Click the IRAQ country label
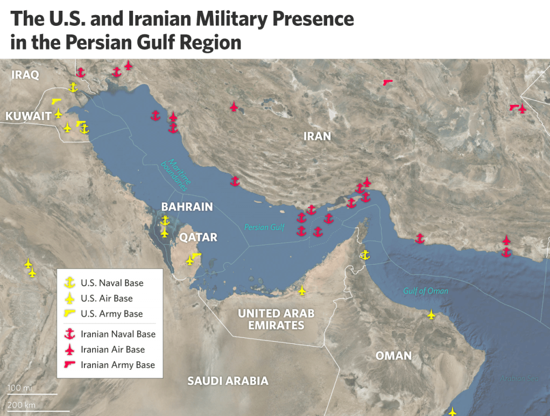[25, 74]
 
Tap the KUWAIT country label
[28, 116]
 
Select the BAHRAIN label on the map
[187, 207]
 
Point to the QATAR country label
[198, 237]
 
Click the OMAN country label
[393, 356]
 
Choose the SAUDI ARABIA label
[228, 381]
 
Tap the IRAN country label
[317, 136]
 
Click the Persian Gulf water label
[264, 227]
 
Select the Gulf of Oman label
[425, 291]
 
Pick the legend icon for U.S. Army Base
[69, 313]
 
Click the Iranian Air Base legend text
[112, 349]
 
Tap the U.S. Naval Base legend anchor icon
[69, 283]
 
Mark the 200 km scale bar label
[22, 405]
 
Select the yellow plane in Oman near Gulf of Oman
[431, 314]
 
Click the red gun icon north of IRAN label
[387, 82]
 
